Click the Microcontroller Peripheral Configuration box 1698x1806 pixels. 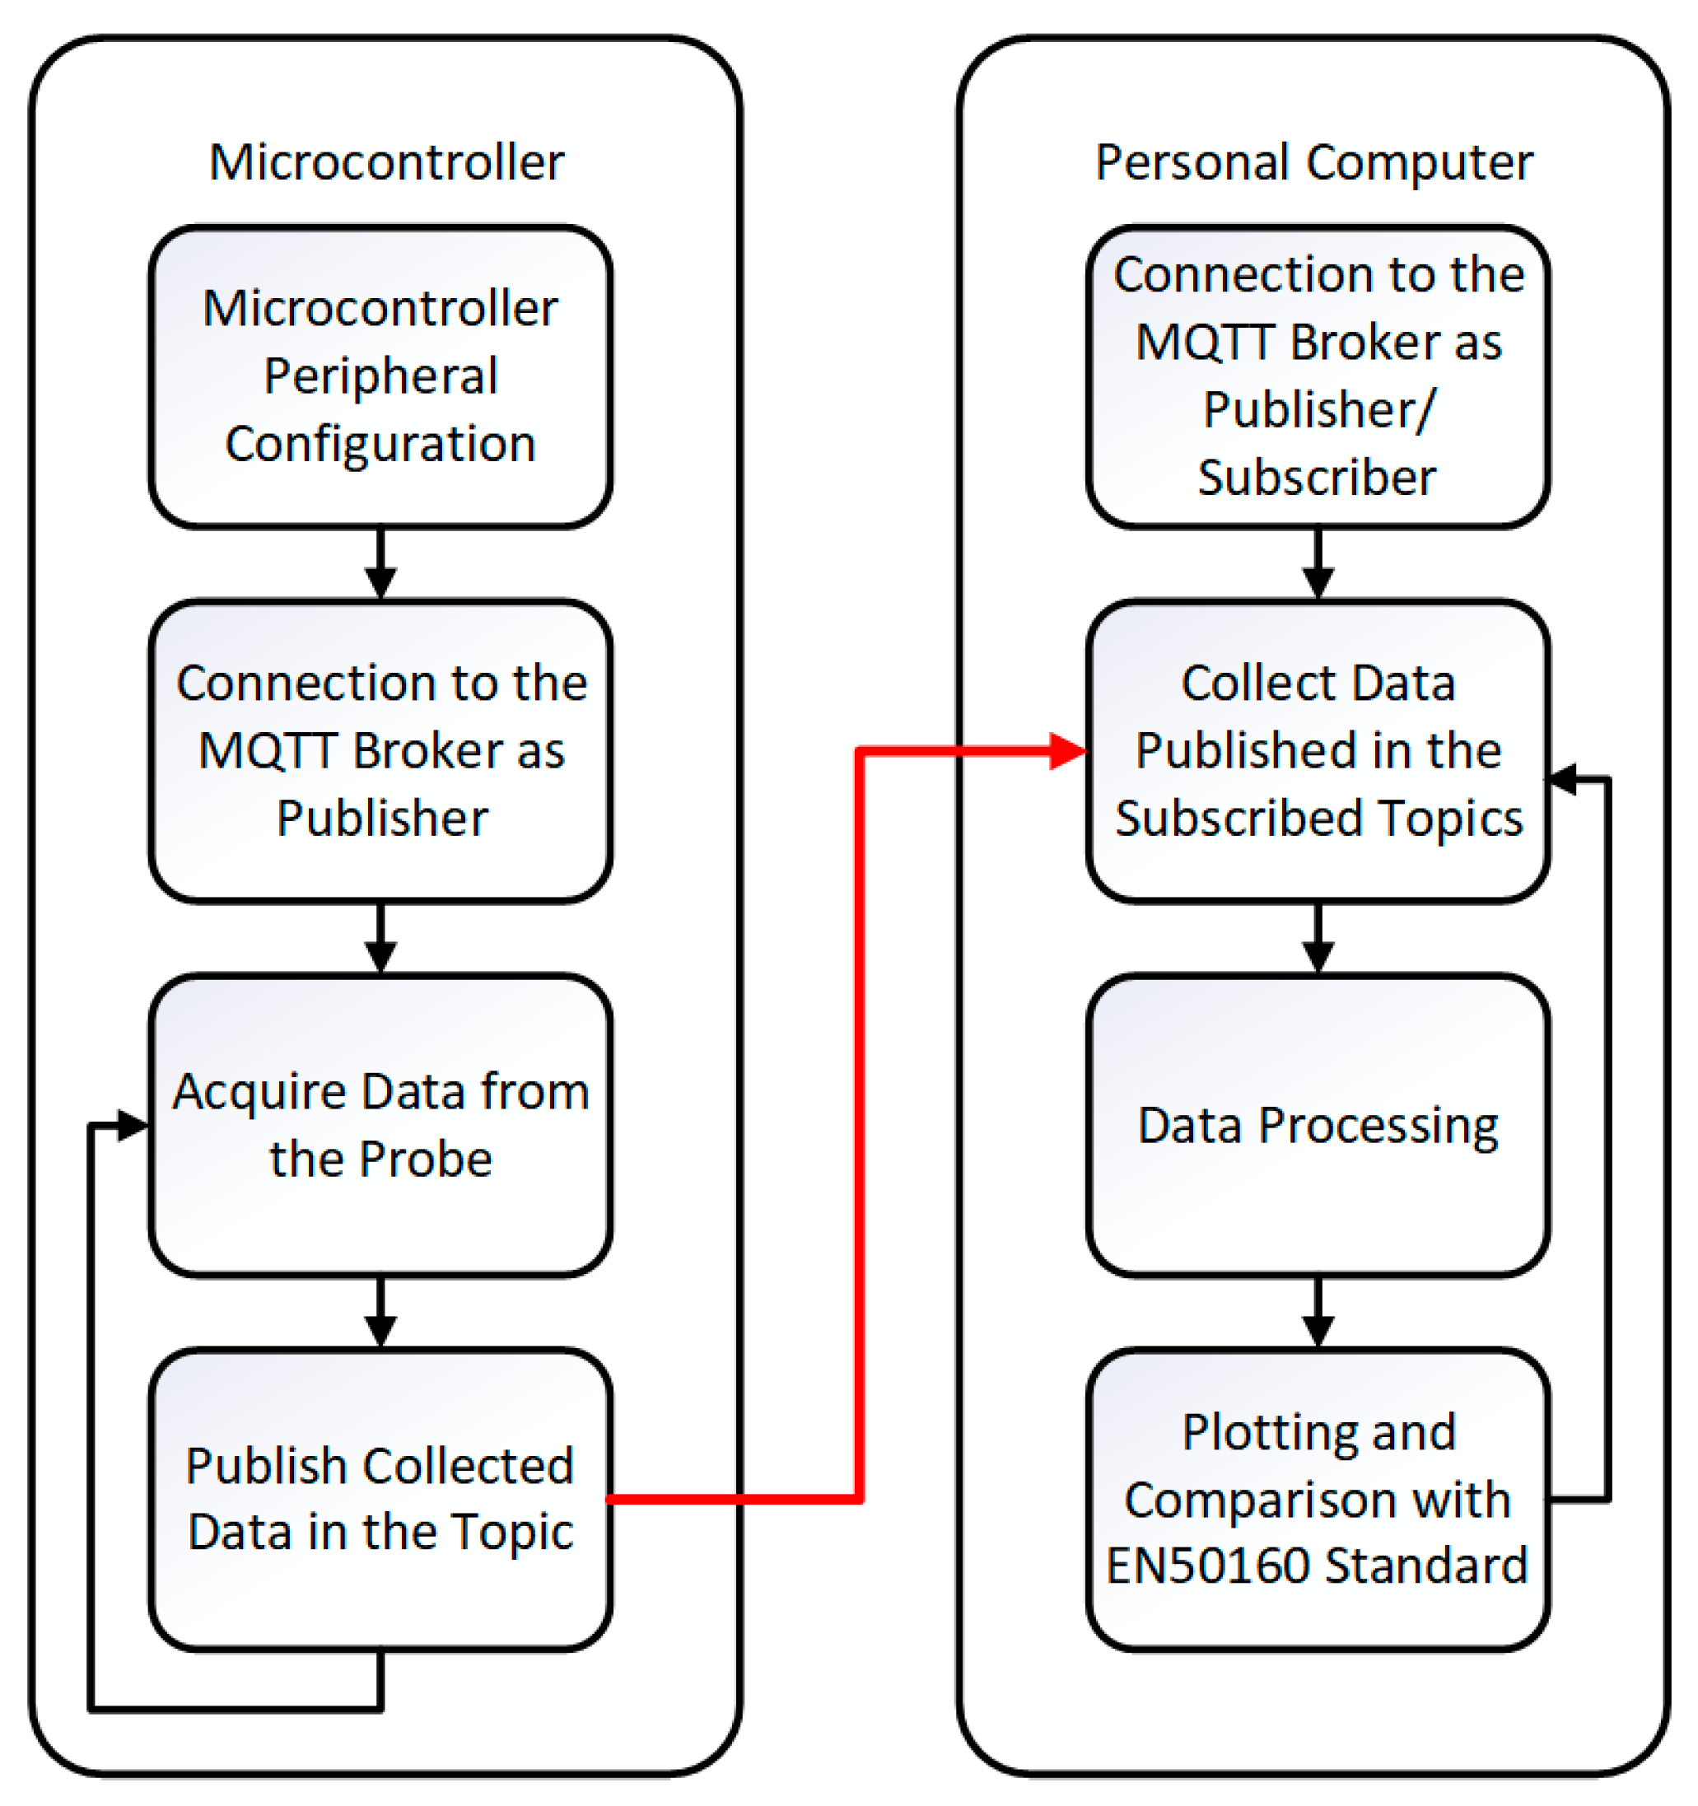coord(380,376)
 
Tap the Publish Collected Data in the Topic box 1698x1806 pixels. coord(380,1499)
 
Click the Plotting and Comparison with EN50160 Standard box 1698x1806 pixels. coord(1318,1499)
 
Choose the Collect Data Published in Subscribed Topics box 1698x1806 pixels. coord(1318,750)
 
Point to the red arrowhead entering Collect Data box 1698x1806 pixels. coord(1066,751)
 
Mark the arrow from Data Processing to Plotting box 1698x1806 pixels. coord(1318,1313)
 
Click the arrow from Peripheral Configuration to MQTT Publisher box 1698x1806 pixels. coord(380,563)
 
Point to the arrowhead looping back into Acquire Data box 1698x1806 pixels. coord(133,1126)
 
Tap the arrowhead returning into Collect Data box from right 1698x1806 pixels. coord(1565,778)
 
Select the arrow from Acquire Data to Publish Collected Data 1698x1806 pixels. coord(380,1313)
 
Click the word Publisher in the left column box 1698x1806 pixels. coord(381,818)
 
